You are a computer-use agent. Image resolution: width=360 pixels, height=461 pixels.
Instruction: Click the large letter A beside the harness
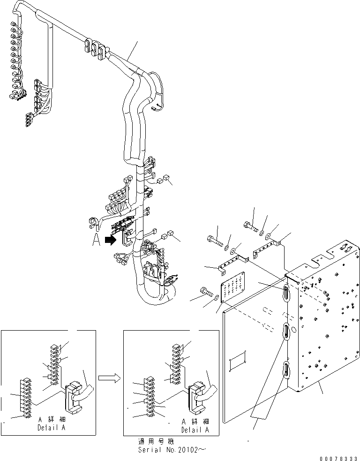pos(96,240)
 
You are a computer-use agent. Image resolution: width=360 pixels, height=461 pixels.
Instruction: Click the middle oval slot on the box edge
pos(285,334)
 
